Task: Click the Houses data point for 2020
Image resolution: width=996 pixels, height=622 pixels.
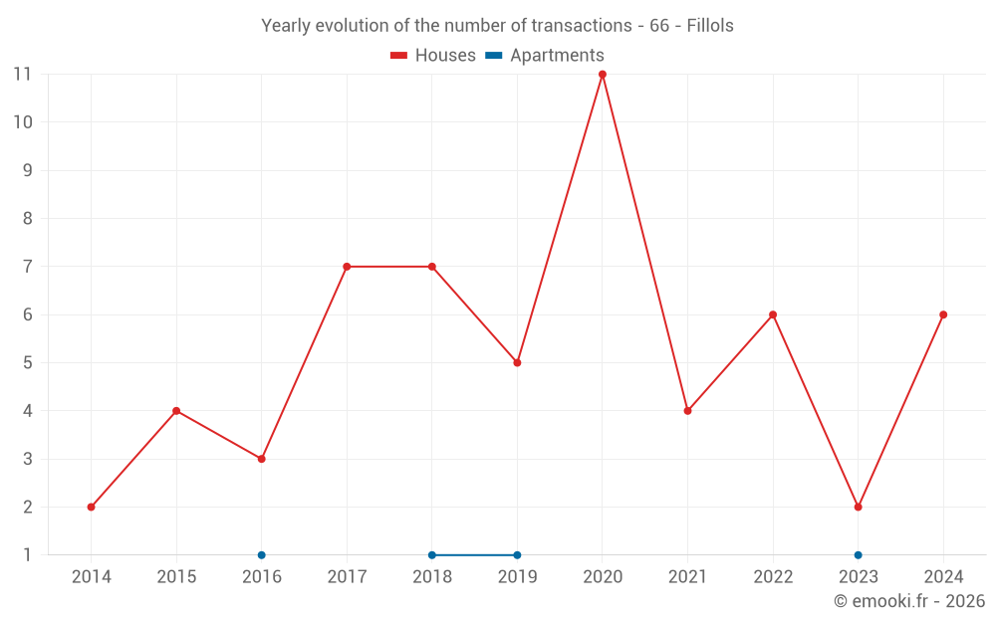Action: click(x=603, y=74)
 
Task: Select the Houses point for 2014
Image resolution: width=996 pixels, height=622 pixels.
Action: click(x=92, y=507)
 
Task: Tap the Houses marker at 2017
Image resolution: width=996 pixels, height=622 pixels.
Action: click(x=347, y=267)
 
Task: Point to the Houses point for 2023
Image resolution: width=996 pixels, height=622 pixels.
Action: click(x=858, y=507)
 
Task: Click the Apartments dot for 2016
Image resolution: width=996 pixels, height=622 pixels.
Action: click(x=262, y=555)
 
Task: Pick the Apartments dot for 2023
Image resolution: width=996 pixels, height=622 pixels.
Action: click(x=858, y=555)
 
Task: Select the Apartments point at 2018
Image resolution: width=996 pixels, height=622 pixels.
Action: click(x=432, y=555)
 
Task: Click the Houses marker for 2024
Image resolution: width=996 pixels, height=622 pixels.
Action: click(x=943, y=314)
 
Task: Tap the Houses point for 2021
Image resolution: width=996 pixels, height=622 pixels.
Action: click(x=687, y=411)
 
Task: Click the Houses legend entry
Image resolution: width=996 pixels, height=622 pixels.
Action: click(x=433, y=56)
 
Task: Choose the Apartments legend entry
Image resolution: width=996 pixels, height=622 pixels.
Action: click(x=545, y=56)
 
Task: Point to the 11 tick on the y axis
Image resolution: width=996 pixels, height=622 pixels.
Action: click(x=22, y=74)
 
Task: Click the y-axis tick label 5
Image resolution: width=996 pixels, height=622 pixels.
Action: click(x=27, y=362)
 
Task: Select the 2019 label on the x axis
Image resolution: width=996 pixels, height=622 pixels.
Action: click(x=517, y=576)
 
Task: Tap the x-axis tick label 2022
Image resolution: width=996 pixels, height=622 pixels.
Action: click(x=773, y=576)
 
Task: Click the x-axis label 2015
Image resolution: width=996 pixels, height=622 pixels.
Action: click(x=176, y=576)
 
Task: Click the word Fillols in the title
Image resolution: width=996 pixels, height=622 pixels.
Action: click(x=710, y=26)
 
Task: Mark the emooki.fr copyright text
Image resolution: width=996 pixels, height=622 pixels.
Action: click(x=908, y=601)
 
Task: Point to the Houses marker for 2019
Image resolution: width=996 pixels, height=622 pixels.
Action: click(x=517, y=362)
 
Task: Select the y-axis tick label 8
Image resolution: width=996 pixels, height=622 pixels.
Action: click(x=27, y=218)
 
